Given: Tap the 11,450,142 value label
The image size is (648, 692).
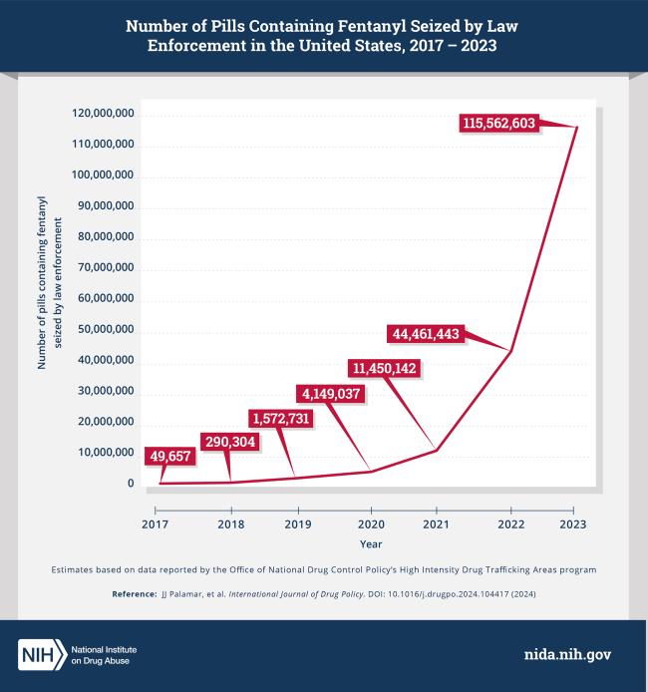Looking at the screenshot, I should tap(383, 368).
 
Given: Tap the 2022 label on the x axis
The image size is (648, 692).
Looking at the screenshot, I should tap(510, 523).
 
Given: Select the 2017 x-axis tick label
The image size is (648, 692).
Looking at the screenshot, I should tap(155, 523).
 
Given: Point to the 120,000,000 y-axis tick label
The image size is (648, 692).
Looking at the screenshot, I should tap(103, 115).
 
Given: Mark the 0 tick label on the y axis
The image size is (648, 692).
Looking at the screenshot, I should tap(130, 484).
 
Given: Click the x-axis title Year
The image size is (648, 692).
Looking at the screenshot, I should tap(370, 544).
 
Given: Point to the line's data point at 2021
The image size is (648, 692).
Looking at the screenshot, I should tap(437, 451).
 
